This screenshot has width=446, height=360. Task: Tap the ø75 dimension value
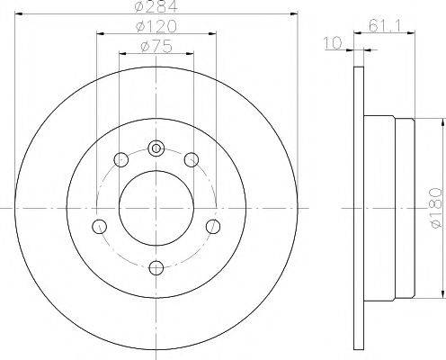156,48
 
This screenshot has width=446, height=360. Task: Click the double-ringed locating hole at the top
156,148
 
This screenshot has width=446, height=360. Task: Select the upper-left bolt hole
121,161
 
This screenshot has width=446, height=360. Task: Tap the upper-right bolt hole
191,160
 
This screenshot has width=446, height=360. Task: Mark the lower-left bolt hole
101,225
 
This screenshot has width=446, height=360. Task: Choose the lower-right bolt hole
213,225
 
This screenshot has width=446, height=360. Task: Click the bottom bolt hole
156,265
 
